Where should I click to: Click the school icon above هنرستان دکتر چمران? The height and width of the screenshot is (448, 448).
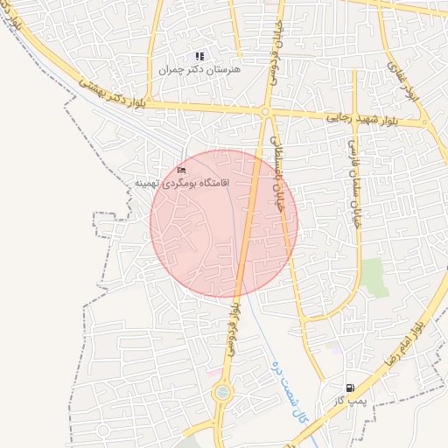click(x=199, y=57)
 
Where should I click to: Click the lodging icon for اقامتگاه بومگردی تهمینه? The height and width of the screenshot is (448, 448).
click(x=182, y=170)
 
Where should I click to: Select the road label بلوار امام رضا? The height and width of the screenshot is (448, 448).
click(x=409, y=340)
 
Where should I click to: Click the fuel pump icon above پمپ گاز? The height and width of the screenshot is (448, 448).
click(x=351, y=388)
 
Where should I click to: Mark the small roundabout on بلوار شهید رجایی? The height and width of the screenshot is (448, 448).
click(x=265, y=112)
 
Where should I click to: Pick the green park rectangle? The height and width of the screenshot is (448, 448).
click(x=374, y=277)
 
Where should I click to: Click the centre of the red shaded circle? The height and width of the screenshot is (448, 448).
click(x=224, y=223)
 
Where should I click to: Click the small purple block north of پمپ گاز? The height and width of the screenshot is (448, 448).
click(x=335, y=347)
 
